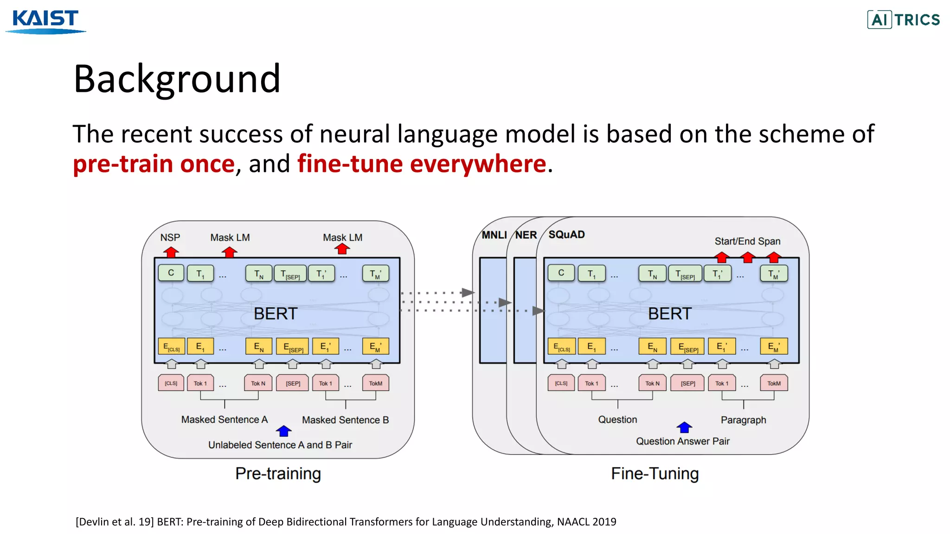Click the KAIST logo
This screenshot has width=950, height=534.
[x=45, y=21]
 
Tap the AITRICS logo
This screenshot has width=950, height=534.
[x=903, y=19]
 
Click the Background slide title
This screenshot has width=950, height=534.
[x=177, y=79]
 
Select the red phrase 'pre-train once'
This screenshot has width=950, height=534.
[x=154, y=164]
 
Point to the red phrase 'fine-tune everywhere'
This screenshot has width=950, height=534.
[x=422, y=164]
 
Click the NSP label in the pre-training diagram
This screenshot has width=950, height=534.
[x=170, y=237]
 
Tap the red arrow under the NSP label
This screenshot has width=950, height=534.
[x=171, y=252]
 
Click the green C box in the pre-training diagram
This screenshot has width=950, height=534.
[x=171, y=273]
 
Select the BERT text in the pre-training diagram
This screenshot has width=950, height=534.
[x=276, y=314]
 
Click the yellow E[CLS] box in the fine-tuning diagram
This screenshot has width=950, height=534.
[x=561, y=347]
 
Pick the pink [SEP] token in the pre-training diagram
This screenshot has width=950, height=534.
[x=293, y=383]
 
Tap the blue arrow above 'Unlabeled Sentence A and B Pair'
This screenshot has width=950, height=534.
[x=284, y=431]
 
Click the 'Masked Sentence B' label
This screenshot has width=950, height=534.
[x=345, y=420]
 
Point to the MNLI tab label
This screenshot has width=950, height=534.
[x=494, y=235]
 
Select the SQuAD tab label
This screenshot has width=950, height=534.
[x=566, y=235]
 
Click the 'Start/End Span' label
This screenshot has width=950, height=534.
[x=747, y=241]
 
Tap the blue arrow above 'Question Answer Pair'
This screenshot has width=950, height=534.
[x=684, y=427]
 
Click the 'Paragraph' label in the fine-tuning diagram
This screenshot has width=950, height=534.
[x=743, y=420]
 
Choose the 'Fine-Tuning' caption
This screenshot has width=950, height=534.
[x=655, y=474]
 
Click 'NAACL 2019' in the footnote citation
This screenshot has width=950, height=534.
[x=586, y=522]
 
